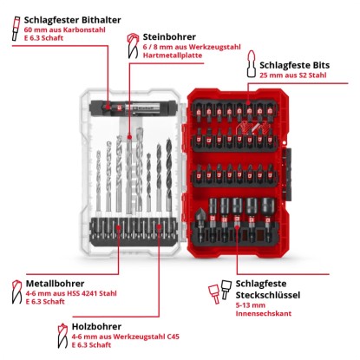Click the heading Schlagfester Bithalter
coord(72,20)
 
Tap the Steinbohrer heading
coord(169,36)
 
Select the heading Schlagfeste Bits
coord(294,65)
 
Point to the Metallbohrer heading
coord(55,284)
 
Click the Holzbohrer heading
coord(96,326)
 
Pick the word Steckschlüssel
coord(268,295)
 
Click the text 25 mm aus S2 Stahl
coord(292,75)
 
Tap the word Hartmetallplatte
coord(173,56)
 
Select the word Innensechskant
coord(264,313)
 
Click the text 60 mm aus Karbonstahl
coord(65,29)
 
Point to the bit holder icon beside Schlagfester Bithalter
coord(16,29)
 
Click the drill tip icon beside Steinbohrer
coord(133,46)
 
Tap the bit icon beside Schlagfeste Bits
coord(252,64)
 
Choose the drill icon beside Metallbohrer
coord(16,291)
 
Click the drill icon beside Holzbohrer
coord(62,336)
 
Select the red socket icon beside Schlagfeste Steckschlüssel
coord(214,293)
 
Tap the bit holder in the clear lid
coord(133,107)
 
